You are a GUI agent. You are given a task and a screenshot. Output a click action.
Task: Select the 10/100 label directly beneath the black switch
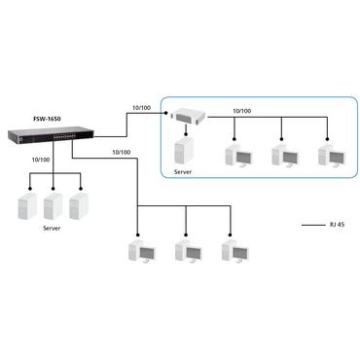point(41,159)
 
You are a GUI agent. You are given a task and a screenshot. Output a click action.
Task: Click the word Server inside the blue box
point(183,172)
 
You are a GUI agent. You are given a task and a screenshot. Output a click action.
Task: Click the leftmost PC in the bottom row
point(140,252)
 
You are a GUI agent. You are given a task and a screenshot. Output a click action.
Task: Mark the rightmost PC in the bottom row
point(233,252)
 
